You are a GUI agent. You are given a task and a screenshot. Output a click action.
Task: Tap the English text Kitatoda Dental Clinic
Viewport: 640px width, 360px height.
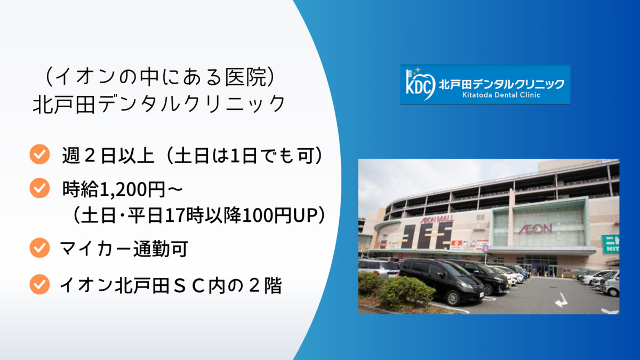coord(501,95)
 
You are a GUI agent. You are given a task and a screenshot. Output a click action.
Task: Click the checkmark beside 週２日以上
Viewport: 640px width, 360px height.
coord(39,154)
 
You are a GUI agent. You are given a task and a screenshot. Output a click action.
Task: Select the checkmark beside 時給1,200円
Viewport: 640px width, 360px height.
coord(39,188)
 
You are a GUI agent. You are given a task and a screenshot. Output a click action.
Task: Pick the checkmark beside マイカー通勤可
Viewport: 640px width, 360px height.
coord(39,247)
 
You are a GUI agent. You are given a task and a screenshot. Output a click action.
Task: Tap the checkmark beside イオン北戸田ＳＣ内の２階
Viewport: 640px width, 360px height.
coord(39,284)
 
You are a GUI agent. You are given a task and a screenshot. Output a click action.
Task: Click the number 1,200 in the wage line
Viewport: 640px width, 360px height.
coord(123,189)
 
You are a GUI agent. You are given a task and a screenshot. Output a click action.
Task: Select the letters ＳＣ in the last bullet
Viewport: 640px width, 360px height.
coord(189,285)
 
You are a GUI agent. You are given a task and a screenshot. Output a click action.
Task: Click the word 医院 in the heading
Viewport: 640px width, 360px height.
coord(246,77)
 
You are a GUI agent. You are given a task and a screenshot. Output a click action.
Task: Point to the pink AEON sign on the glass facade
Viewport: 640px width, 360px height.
coord(535,229)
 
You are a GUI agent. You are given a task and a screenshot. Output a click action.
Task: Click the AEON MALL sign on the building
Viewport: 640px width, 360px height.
coord(437,219)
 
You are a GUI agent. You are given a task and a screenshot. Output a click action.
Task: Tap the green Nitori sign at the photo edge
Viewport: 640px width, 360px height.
coord(611,243)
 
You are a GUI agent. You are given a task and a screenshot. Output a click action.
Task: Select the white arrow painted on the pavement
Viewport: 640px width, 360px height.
coord(561,300)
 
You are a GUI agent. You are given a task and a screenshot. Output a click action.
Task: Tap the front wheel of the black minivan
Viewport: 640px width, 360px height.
coord(452,298)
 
